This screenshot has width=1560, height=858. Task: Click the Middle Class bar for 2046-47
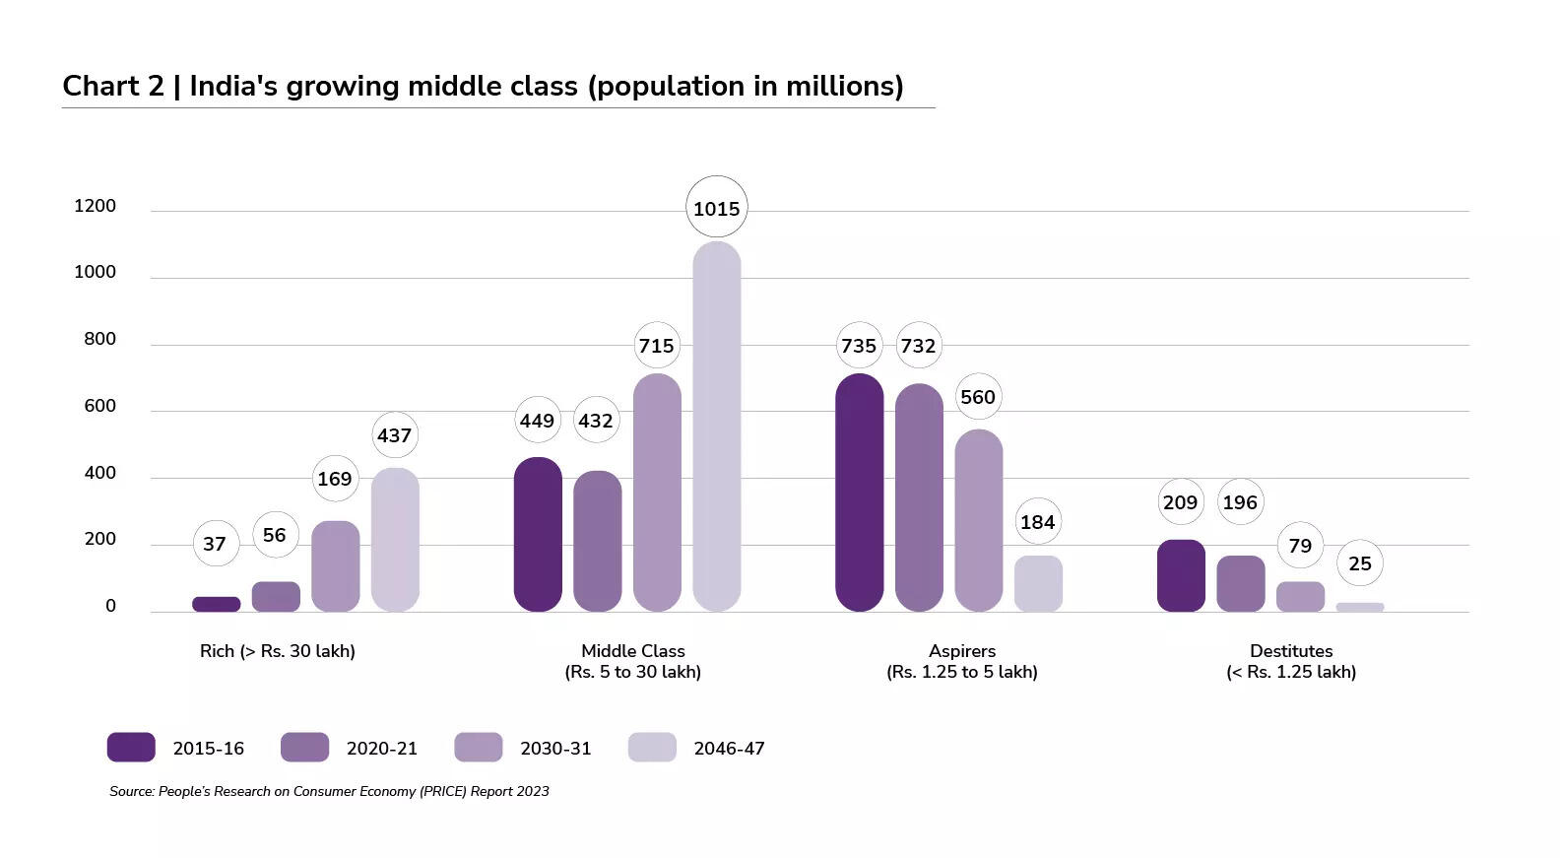(x=716, y=427)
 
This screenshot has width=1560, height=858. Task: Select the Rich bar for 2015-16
(x=216, y=604)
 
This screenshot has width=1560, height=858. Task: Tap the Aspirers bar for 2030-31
(x=978, y=520)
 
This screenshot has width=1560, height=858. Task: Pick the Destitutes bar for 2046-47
(x=1359, y=607)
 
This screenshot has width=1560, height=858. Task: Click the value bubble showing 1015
(x=716, y=208)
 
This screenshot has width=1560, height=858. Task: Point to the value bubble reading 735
(x=858, y=346)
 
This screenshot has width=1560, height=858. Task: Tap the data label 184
(x=1037, y=522)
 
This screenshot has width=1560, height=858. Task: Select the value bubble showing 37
(x=215, y=544)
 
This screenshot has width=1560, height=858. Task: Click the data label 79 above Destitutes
(x=1300, y=546)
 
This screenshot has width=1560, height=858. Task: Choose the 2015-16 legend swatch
(x=131, y=748)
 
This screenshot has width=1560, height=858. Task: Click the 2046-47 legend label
(x=729, y=749)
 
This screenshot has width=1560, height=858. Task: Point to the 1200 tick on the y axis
(x=95, y=206)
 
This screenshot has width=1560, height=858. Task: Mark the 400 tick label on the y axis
(x=99, y=473)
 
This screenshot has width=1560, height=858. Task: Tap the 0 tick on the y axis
(x=110, y=607)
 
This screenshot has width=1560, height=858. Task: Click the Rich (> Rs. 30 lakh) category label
(x=277, y=651)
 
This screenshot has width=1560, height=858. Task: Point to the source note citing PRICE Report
(x=329, y=791)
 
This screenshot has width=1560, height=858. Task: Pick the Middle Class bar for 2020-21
(x=597, y=541)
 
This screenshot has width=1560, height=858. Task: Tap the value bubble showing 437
(x=394, y=435)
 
